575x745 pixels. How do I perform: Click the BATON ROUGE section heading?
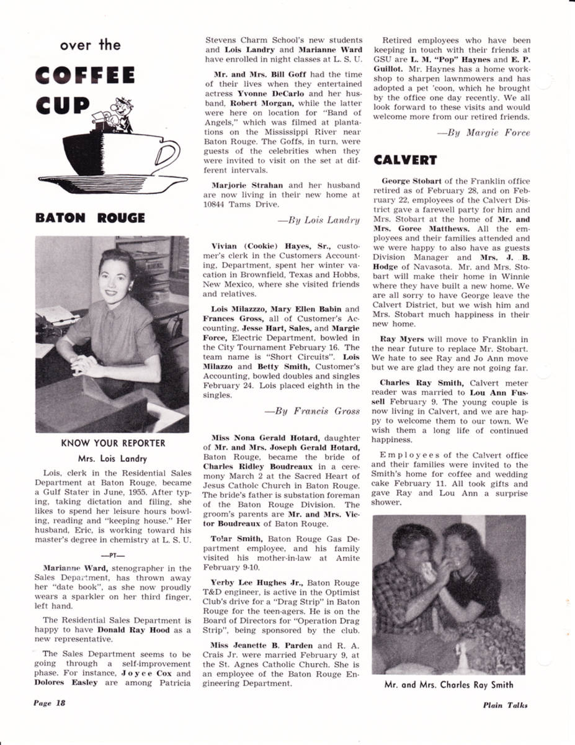pos(90,218)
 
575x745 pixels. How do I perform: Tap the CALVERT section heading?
pos(405,160)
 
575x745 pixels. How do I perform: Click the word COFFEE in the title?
pos(85,76)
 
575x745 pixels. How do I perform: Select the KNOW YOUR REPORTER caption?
pos(113,443)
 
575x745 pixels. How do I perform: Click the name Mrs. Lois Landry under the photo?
pos(112,459)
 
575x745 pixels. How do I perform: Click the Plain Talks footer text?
pos(506,704)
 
